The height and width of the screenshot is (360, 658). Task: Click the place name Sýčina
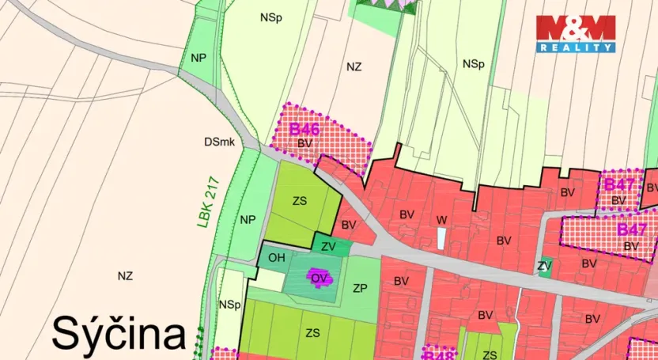click(119, 333)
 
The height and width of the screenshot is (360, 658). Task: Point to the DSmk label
click(219, 142)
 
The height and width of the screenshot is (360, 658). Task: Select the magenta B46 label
click(304, 129)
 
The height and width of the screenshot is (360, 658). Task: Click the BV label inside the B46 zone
click(305, 143)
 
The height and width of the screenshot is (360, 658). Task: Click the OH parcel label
click(277, 258)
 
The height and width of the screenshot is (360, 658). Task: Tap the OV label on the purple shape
click(319, 278)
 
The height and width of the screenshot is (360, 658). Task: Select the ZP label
click(361, 287)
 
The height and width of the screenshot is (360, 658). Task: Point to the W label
click(441, 219)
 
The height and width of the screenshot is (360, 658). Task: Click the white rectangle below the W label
click(441, 239)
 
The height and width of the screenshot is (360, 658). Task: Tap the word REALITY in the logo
click(576, 47)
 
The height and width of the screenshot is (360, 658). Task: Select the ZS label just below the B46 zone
click(300, 201)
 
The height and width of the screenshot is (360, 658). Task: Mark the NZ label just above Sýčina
click(124, 276)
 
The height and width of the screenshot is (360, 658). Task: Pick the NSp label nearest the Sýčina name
click(230, 305)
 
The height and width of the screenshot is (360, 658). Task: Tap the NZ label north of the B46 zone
click(354, 67)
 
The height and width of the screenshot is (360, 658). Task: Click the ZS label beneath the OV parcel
click(312, 333)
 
